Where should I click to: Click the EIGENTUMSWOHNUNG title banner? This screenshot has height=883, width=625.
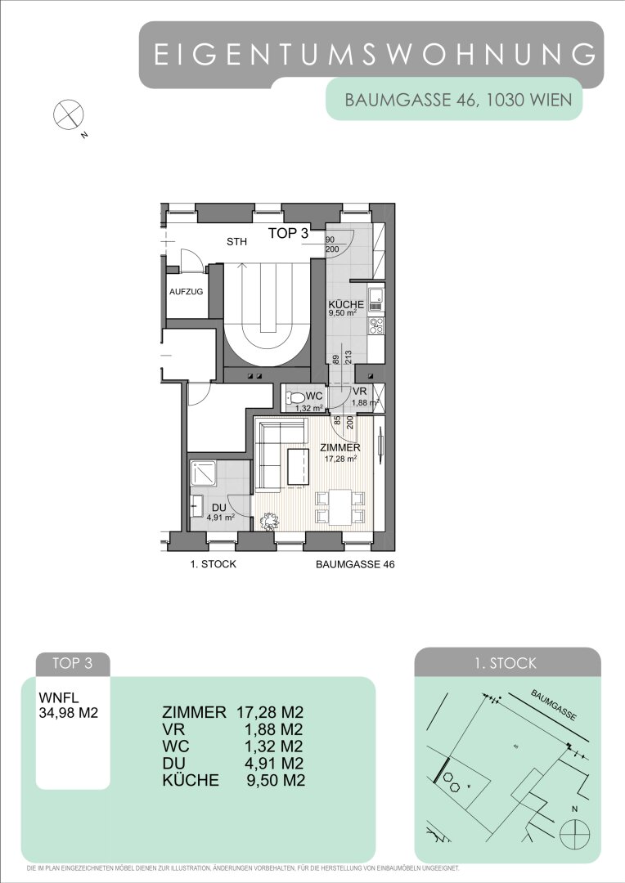[371, 55]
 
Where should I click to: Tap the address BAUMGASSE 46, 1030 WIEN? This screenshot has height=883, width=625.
[458, 101]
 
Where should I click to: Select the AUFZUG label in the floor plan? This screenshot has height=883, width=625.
[186, 292]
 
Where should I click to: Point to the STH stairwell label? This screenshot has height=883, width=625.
[236, 242]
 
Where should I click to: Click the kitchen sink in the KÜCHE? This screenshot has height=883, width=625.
[376, 299]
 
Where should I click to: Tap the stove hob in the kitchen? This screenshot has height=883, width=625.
[376, 325]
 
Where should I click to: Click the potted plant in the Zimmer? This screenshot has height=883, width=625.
[269, 521]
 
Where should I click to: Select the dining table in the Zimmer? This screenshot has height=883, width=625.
[339, 507]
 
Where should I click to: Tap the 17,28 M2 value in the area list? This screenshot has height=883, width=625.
[271, 712]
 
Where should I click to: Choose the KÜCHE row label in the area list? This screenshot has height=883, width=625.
[191, 780]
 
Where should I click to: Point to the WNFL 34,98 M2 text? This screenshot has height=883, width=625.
[68, 705]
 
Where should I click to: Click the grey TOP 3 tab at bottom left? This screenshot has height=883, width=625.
[72, 663]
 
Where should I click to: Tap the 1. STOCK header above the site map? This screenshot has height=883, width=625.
[506, 663]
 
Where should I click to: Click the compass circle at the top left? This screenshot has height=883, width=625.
[68, 114]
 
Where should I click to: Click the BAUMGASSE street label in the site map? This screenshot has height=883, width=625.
[555, 705]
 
